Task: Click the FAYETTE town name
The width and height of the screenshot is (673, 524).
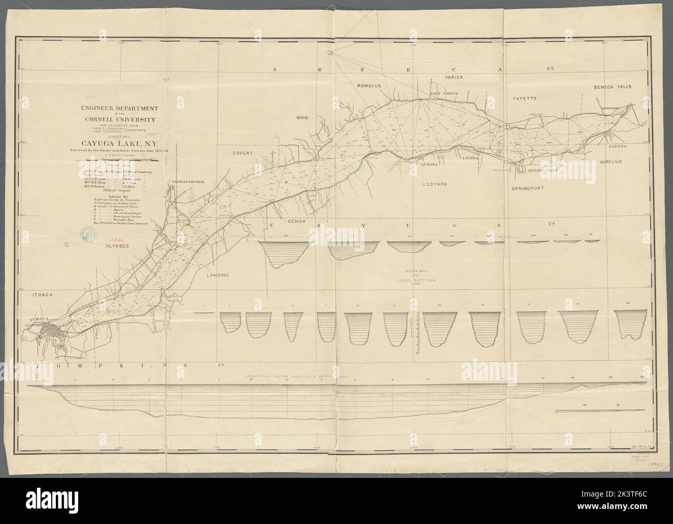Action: [526, 98]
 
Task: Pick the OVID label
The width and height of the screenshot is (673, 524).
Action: [302, 118]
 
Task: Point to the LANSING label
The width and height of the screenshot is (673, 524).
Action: [220, 275]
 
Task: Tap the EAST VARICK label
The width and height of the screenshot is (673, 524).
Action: [441, 94]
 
